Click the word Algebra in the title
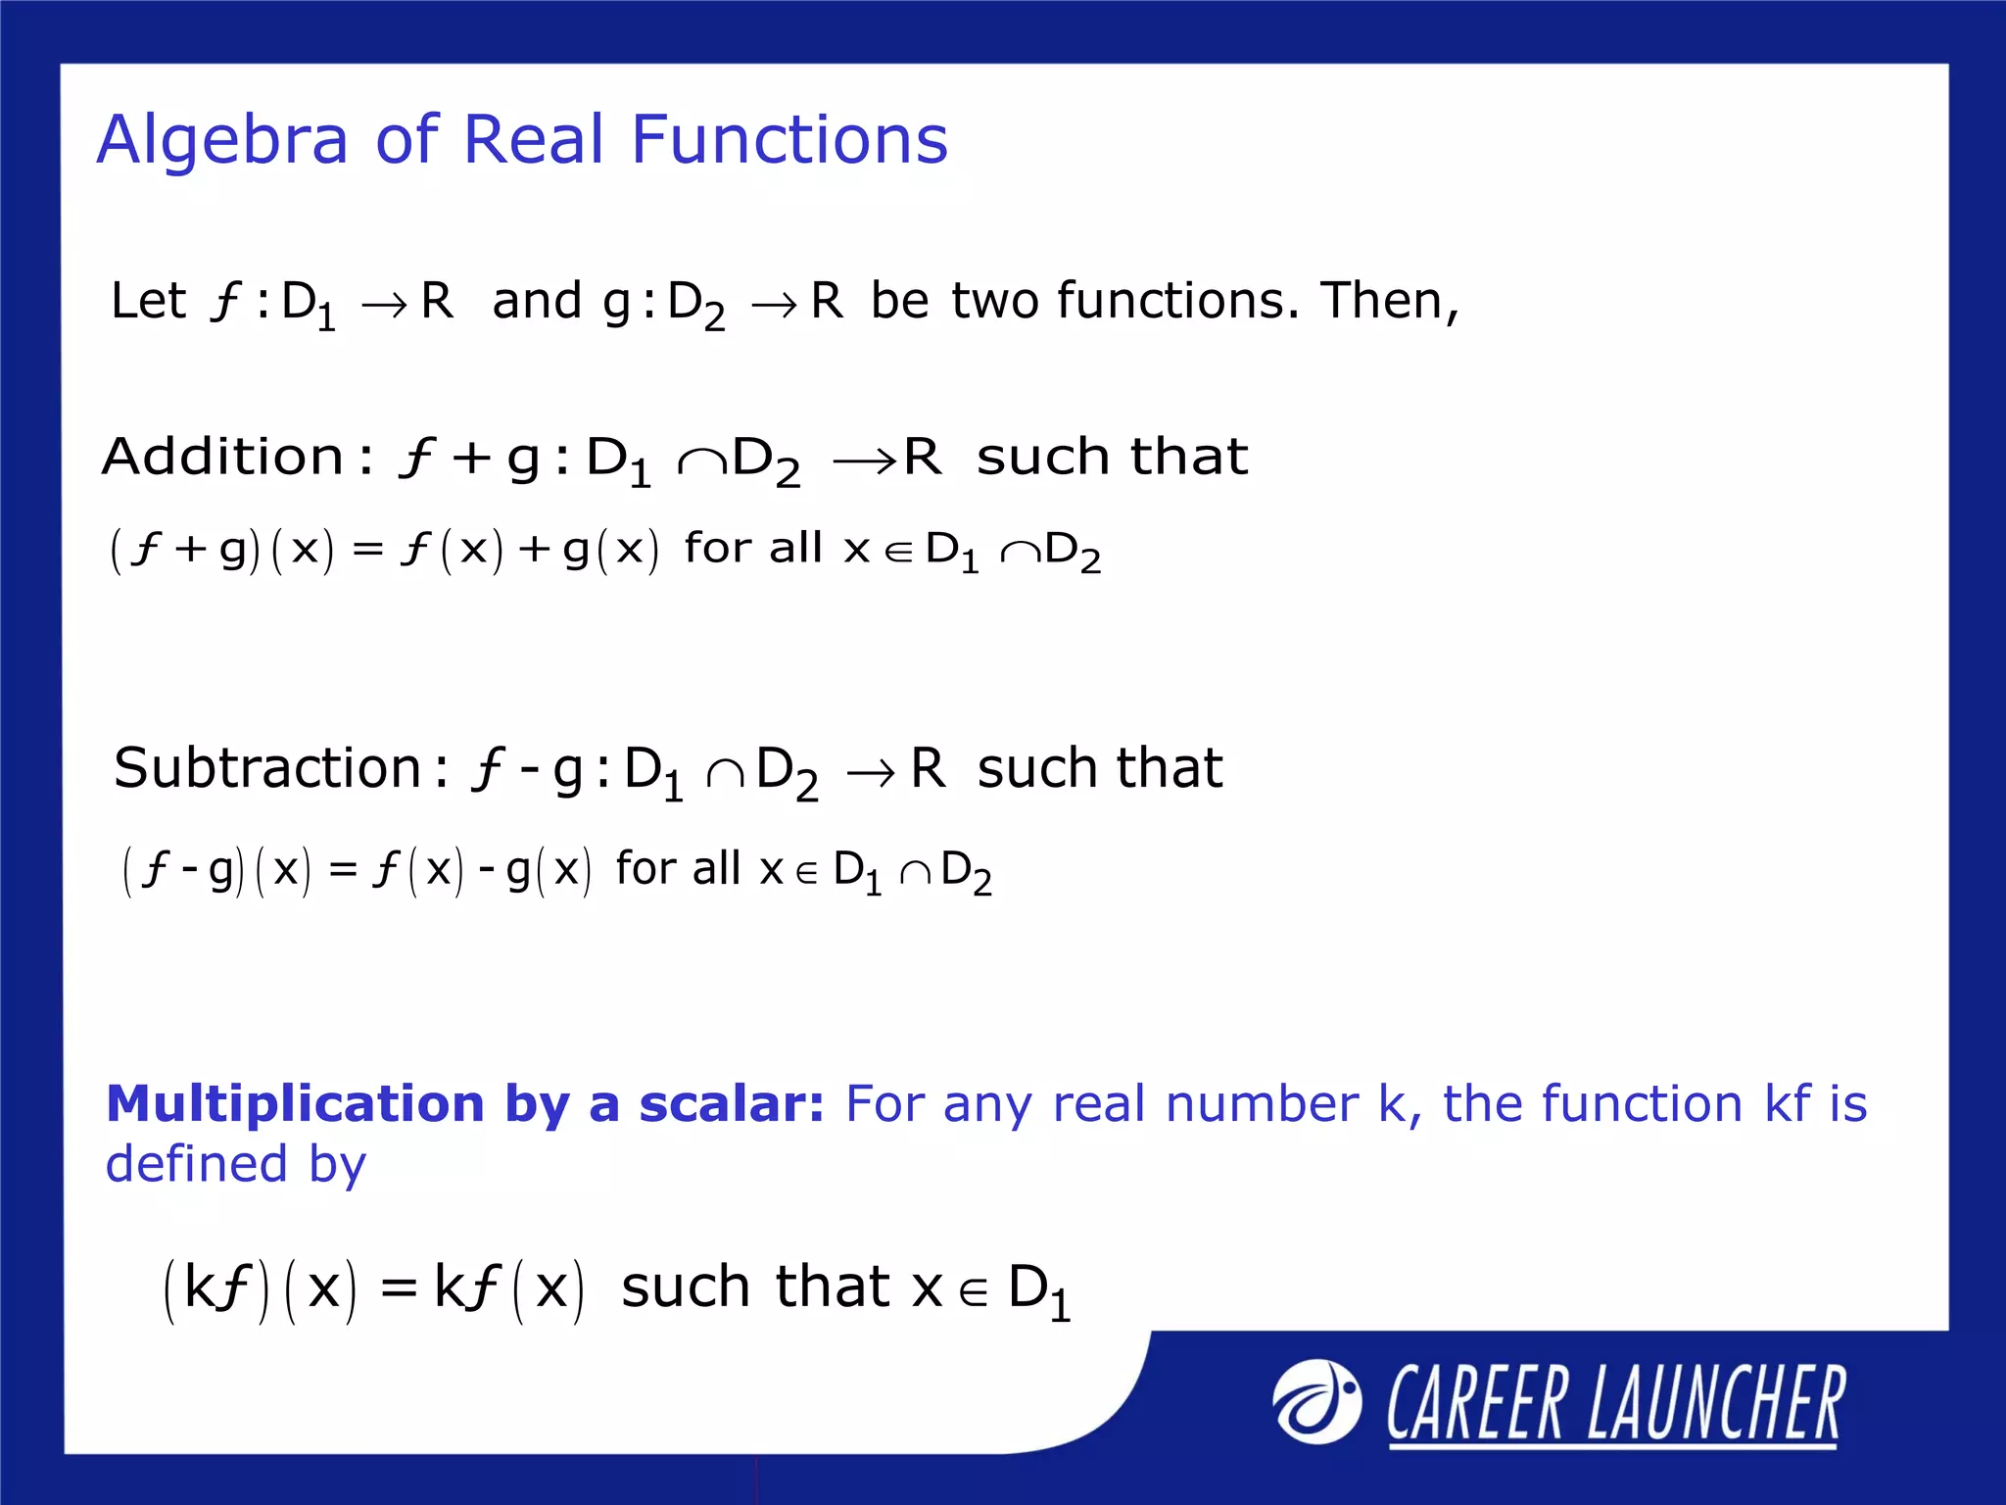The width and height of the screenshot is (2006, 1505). pyautogui.click(x=222, y=139)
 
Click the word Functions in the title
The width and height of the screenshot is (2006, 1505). pyautogui.click(x=789, y=139)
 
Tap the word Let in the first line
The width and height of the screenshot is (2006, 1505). pyautogui.click(x=148, y=300)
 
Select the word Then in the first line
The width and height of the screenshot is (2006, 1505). pyautogui.click(x=1382, y=300)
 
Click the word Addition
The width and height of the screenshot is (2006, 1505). pyautogui.click(x=223, y=457)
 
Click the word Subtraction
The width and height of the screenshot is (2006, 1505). pyautogui.click(x=267, y=767)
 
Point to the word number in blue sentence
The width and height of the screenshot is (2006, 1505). pyautogui.click(x=1262, y=1103)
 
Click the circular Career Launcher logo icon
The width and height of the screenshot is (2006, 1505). pyautogui.click(x=1316, y=1402)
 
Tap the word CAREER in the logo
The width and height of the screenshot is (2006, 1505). pyautogui.click(x=1476, y=1404)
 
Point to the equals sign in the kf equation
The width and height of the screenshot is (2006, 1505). pyautogui.click(x=399, y=1288)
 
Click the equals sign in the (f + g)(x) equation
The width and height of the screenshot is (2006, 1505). pyautogui.click(x=367, y=551)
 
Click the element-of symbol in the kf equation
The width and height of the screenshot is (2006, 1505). pyautogui.click(x=974, y=1293)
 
